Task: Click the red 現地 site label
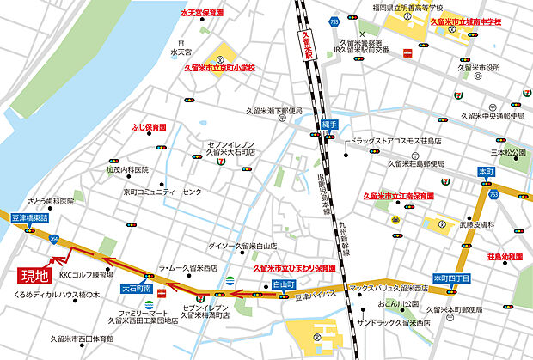[x=34, y=276]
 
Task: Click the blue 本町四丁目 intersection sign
[x=452, y=278]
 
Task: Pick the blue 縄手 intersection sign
[x=329, y=125]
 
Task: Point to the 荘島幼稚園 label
[x=505, y=257]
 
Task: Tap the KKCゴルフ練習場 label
[x=86, y=276]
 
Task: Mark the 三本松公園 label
[x=507, y=153]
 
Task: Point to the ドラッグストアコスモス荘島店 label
[x=394, y=140]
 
